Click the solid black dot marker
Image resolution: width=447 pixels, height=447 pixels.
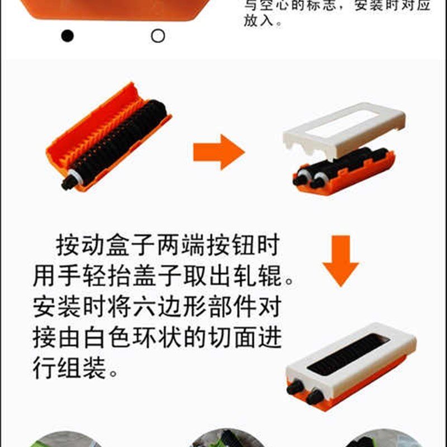pyautogui.click(x=67, y=36)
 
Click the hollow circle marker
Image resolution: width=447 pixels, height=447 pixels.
pyautogui.click(x=158, y=36)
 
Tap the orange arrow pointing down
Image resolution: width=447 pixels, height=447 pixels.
pyautogui.click(x=340, y=260)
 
